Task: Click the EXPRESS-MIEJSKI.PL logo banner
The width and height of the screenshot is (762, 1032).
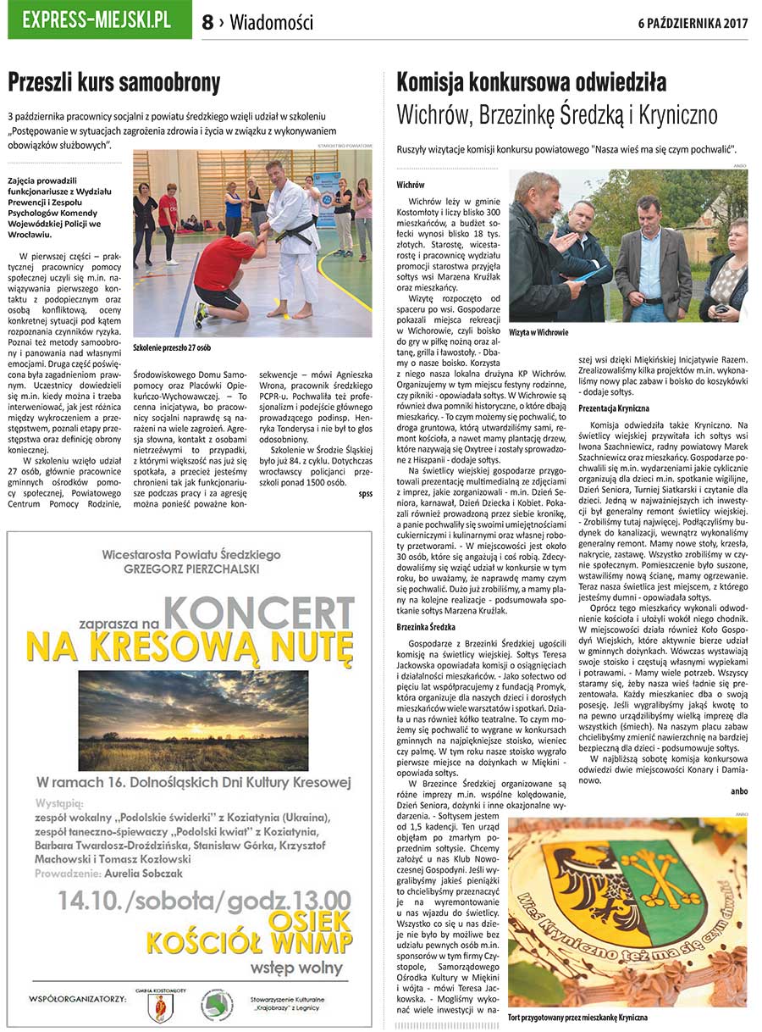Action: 100,20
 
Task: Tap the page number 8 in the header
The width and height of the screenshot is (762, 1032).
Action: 207,23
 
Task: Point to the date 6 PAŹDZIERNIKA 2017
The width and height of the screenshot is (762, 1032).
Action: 693,23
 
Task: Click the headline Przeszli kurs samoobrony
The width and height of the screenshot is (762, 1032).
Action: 114,82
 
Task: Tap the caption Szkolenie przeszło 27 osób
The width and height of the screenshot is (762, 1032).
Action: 173,348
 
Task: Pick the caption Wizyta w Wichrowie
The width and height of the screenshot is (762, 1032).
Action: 538,333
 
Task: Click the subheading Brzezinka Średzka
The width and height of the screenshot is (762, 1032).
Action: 432,627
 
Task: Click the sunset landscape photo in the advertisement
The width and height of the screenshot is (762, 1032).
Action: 193,719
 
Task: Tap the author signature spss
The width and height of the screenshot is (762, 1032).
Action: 365,492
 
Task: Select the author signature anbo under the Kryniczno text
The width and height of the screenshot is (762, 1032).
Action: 738,791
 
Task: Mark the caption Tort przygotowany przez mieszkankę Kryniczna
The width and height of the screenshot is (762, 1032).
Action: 577,1016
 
